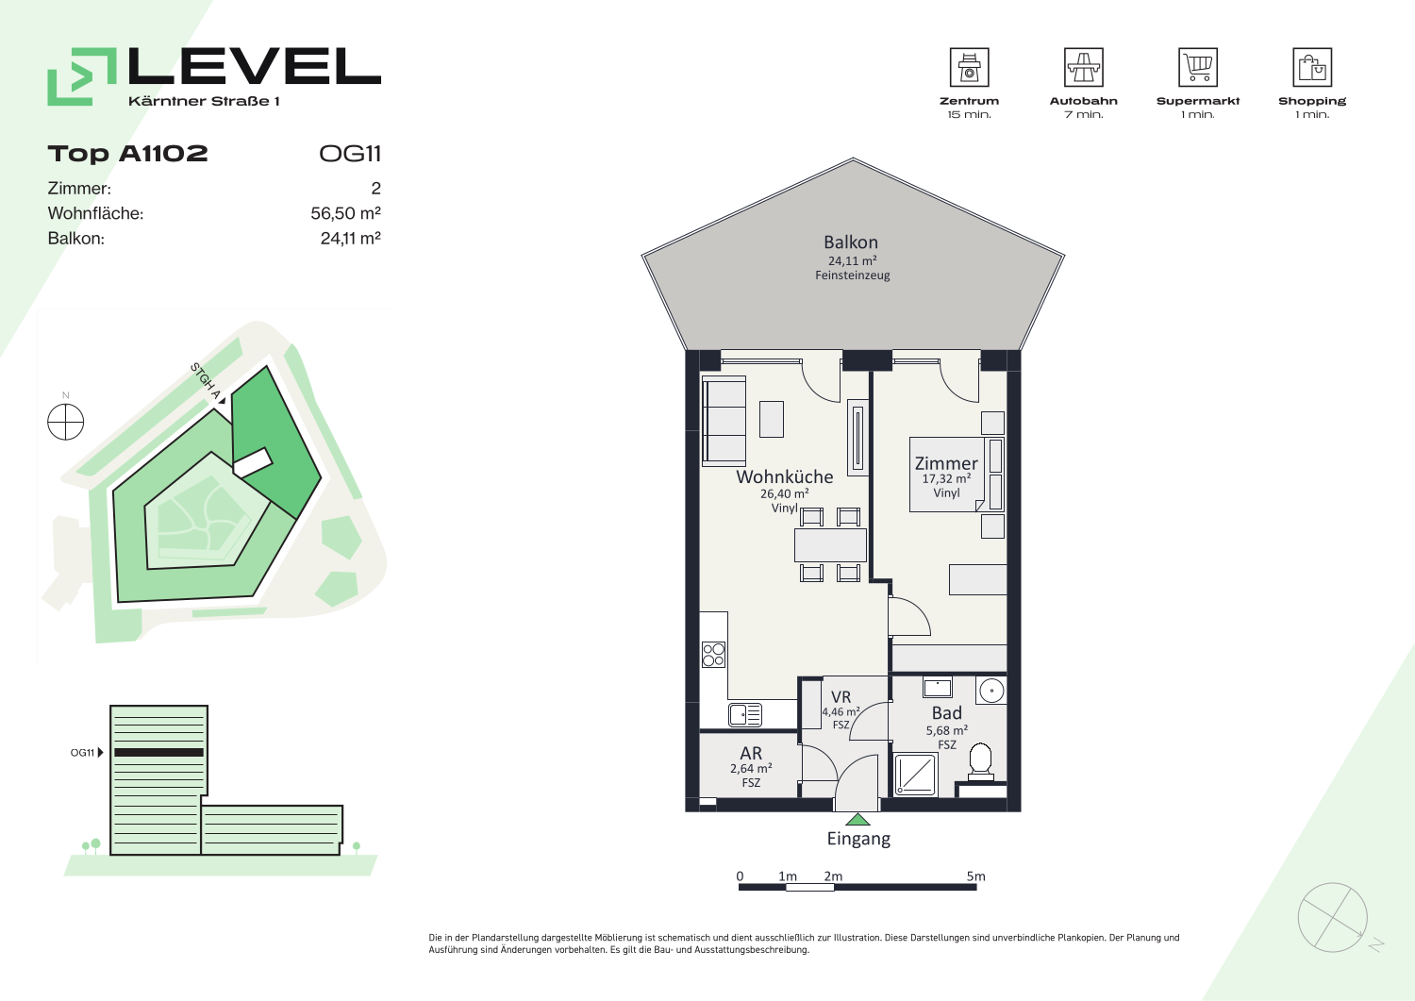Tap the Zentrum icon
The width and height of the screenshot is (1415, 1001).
coord(969,67)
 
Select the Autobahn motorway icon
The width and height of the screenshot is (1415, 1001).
coord(1083,67)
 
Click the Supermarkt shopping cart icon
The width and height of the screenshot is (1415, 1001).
coord(1198,67)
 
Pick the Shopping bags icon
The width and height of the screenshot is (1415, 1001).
coord(1312,67)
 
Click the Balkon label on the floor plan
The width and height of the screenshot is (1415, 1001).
coord(851,242)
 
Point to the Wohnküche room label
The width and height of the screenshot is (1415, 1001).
coord(785,476)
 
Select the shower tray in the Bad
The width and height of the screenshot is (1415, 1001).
coord(915,775)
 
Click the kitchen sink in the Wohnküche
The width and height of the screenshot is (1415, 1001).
coord(745,715)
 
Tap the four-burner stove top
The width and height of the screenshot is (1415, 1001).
coord(714,655)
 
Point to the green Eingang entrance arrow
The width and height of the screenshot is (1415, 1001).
coord(857,820)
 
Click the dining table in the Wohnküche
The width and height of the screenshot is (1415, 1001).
coord(830,544)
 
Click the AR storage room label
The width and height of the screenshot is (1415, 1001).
coord(751,753)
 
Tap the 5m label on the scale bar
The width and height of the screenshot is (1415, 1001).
coord(976,876)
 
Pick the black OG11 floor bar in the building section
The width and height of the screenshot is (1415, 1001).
coord(158,753)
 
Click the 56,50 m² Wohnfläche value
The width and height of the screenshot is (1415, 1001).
coord(345,213)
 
